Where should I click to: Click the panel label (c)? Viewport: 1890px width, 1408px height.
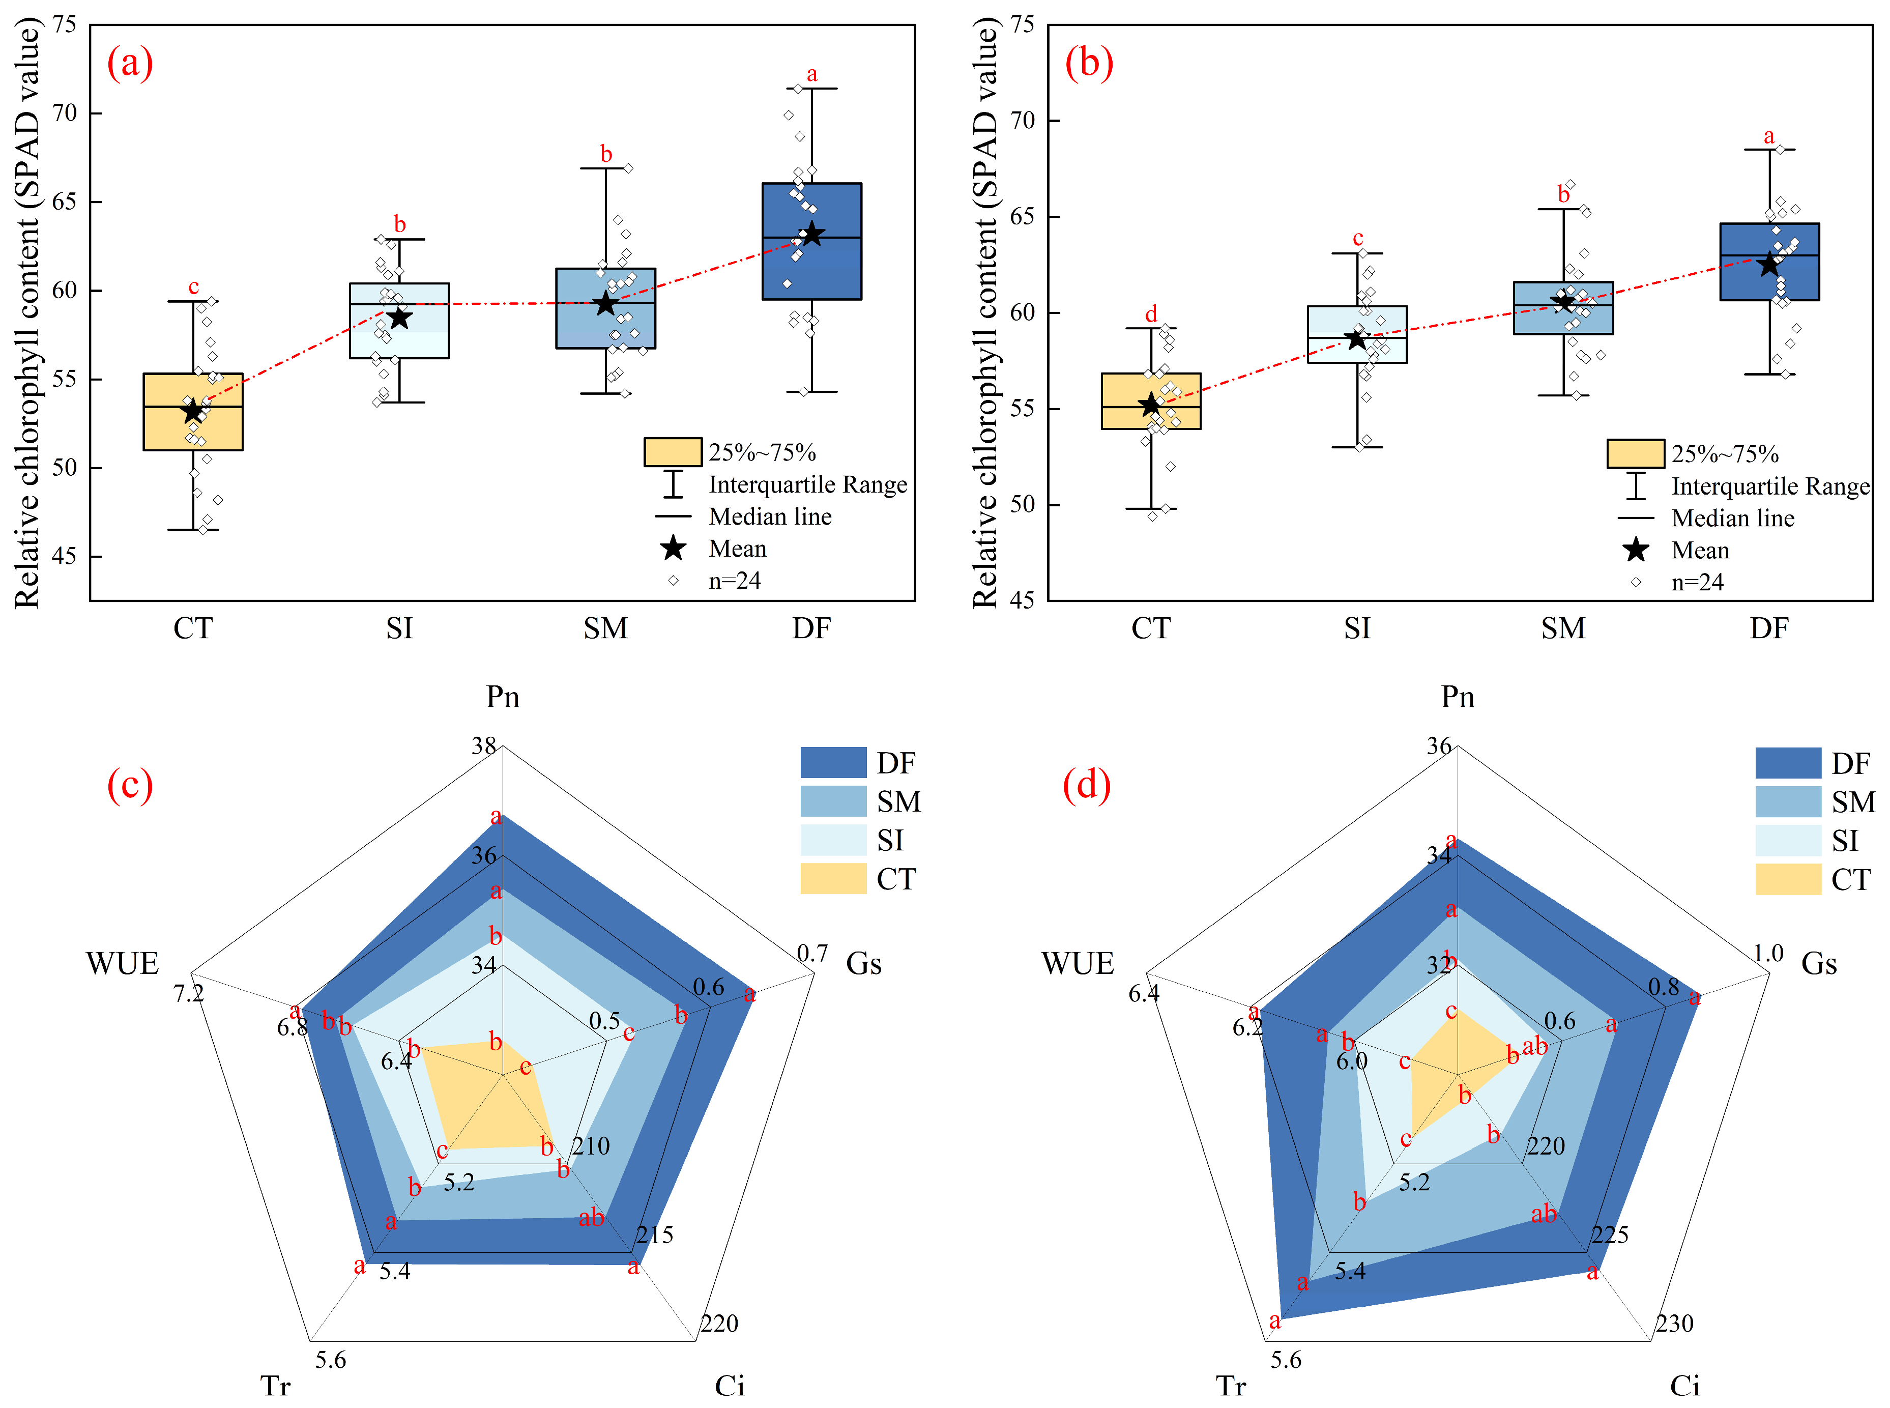[x=130, y=784]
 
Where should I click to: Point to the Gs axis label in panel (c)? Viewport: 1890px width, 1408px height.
[x=863, y=964]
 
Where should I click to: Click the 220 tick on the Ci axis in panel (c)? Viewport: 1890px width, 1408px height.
[x=719, y=1324]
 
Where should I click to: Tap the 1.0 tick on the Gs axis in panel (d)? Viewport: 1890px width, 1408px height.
[x=1768, y=954]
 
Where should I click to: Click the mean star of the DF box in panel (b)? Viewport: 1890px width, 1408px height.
[x=1769, y=264]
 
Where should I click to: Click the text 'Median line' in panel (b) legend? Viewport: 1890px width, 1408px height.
[x=1732, y=518]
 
